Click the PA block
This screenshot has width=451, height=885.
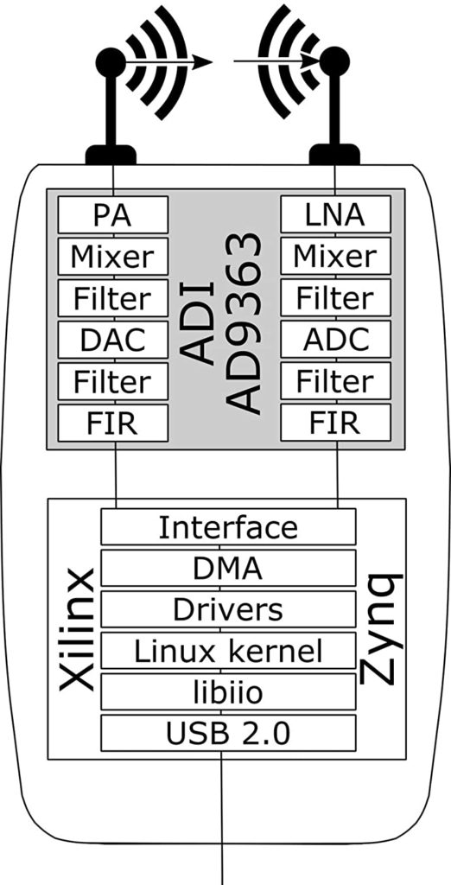[113, 214]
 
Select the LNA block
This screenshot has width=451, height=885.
[335, 214]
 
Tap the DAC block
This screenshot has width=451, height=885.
[113, 339]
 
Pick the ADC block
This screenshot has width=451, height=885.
[335, 339]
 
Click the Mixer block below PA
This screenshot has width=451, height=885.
[113, 256]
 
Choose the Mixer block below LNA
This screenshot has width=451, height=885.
[335, 256]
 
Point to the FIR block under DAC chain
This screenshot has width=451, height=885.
[113, 423]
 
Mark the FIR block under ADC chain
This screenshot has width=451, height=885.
[335, 423]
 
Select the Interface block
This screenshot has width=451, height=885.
[228, 526]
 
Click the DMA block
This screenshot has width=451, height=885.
[228, 568]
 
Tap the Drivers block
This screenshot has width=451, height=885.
[228, 609]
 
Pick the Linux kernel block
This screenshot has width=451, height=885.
[228, 650]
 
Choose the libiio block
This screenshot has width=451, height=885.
[228, 691]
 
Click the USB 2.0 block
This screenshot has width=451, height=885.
[228, 733]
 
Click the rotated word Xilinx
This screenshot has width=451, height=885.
[76, 629]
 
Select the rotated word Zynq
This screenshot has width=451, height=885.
[381, 629]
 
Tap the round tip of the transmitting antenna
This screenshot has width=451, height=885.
[111, 61]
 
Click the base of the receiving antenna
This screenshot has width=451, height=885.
[334, 155]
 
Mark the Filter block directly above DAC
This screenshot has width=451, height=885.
[113, 298]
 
